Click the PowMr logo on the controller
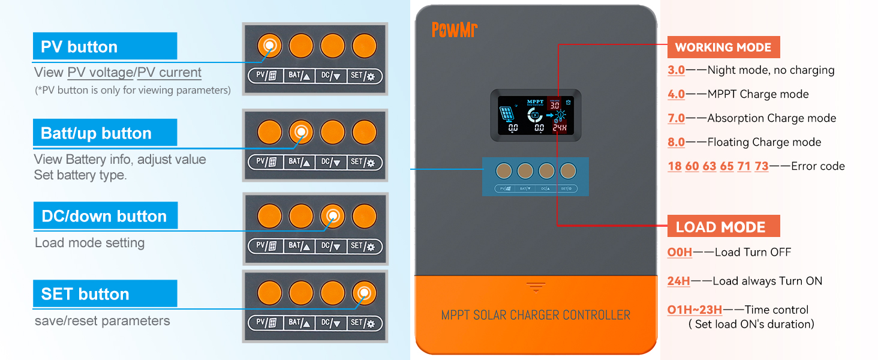point(454,29)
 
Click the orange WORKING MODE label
point(723,47)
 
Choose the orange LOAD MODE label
point(720,227)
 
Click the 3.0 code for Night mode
point(676,70)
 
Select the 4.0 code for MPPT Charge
point(676,94)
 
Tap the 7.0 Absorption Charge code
point(676,118)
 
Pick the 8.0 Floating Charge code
point(676,142)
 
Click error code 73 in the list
point(761,166)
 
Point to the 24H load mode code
point(678,281)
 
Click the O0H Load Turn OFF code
point(679,252)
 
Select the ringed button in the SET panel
point(363,293)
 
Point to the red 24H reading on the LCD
point(559,128)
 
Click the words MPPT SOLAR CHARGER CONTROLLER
point(536,315)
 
